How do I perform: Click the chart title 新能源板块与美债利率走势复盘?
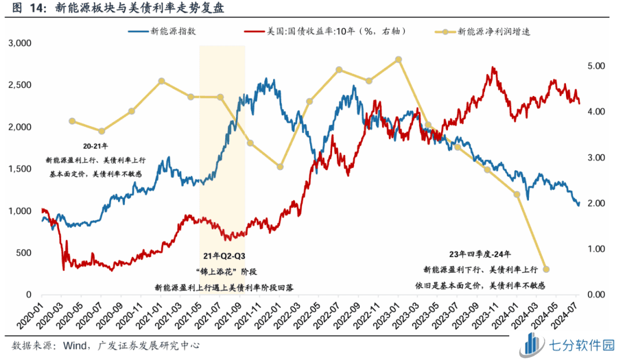pos(139,9)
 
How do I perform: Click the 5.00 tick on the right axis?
pos(595,66)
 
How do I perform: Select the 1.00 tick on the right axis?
pos(595,249)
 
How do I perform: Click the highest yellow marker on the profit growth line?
pos(398,60)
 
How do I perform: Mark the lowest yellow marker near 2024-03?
pos(546,269)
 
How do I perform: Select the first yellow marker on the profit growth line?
pos(72,121)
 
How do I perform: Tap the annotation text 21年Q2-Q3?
pos(222,255)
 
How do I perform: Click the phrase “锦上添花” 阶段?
pos(222,270)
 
